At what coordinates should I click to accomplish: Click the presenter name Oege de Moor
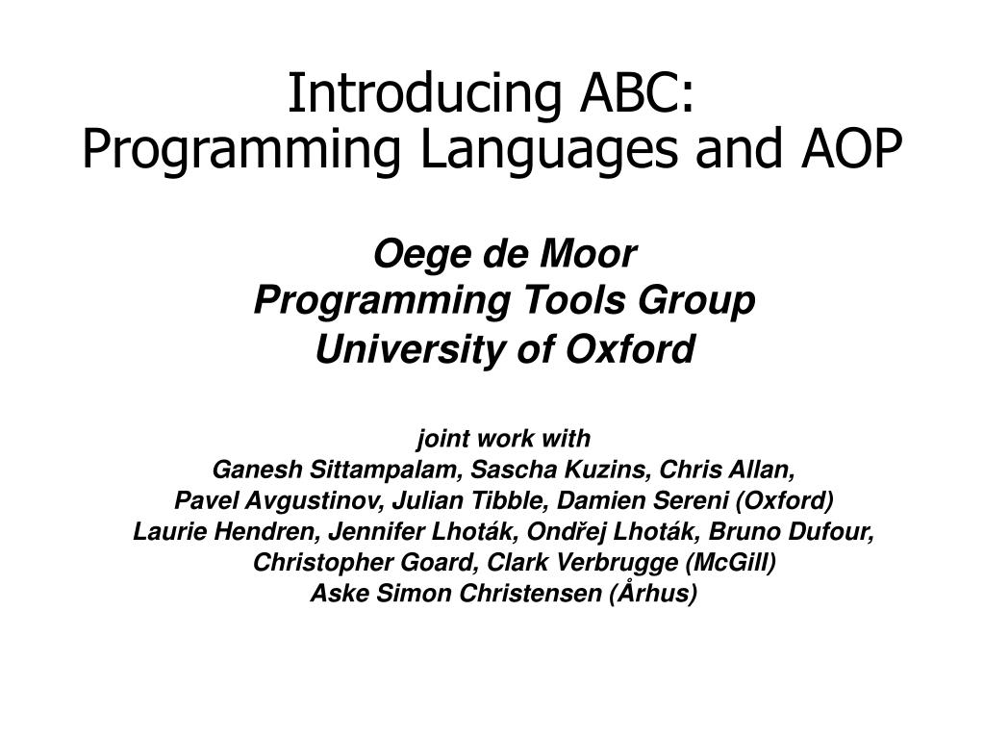click(x=504, y=255)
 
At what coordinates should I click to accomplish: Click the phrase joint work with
click(x=503, y=440)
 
